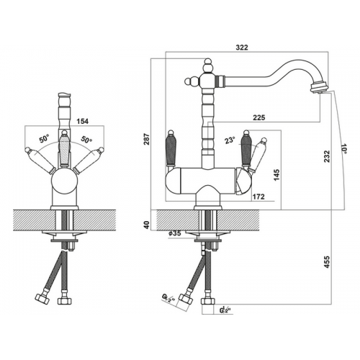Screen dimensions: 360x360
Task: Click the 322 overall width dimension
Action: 241,48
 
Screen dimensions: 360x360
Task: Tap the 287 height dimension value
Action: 146,139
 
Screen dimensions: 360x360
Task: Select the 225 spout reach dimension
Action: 258,117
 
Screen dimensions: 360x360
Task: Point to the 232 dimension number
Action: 327,156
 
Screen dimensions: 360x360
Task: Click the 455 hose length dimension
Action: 327,262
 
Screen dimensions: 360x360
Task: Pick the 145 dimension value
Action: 276,176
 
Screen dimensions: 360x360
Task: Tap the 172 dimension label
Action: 258,197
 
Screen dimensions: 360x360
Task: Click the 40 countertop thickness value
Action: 147,225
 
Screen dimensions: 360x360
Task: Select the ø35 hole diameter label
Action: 174,233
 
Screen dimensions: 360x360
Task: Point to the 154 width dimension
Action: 82,122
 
